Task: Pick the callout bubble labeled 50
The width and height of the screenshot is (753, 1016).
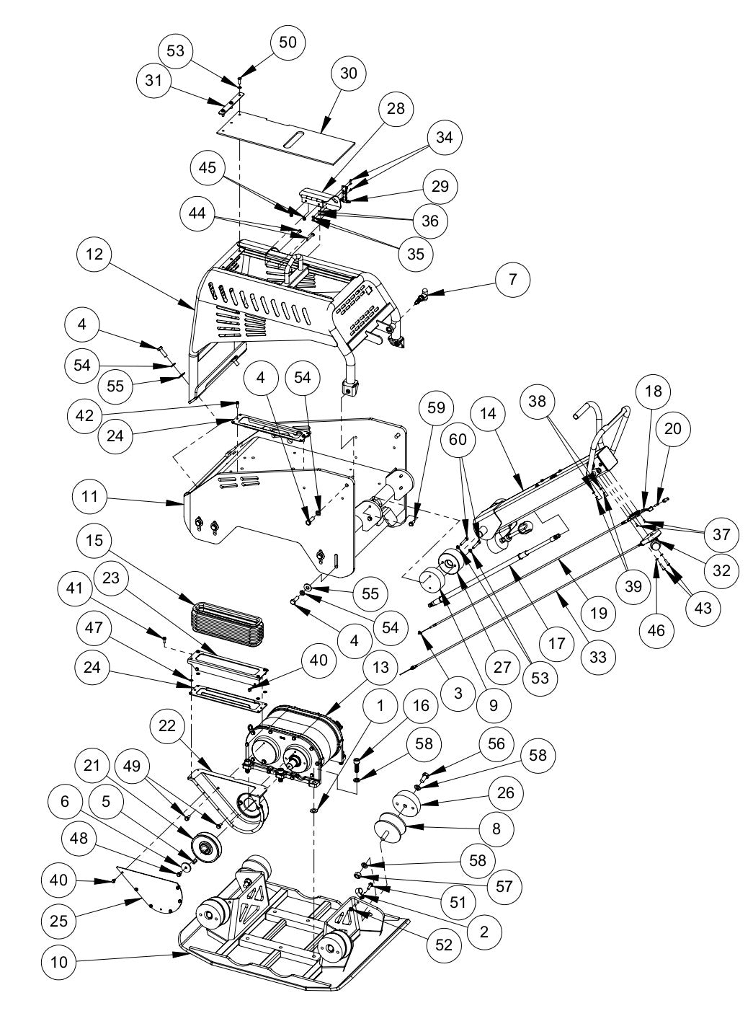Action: (x=287, y=42)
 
